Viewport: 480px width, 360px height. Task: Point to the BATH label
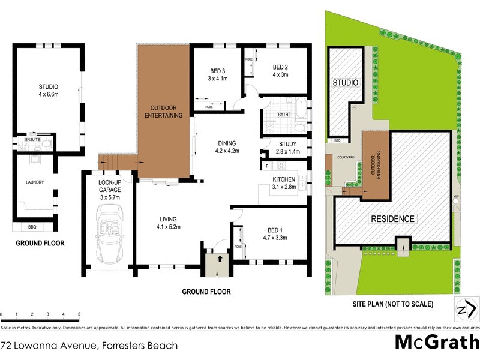coord(284,114)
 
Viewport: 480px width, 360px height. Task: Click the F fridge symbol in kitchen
coord(265,164)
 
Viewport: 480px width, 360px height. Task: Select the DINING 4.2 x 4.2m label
coord(228,146)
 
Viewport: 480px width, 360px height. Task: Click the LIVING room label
coord(167,223)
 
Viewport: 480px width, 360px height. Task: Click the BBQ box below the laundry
coord(32,227)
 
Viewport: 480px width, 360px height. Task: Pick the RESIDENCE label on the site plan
coord(392,219)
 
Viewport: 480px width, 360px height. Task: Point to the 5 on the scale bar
coord(79,314)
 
